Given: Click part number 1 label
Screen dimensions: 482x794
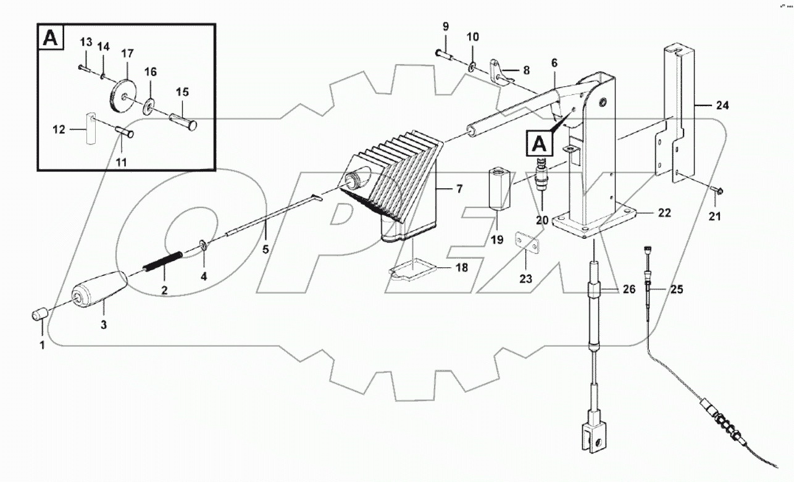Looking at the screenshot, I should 43,346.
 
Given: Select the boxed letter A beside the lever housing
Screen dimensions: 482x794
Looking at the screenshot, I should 537,144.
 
